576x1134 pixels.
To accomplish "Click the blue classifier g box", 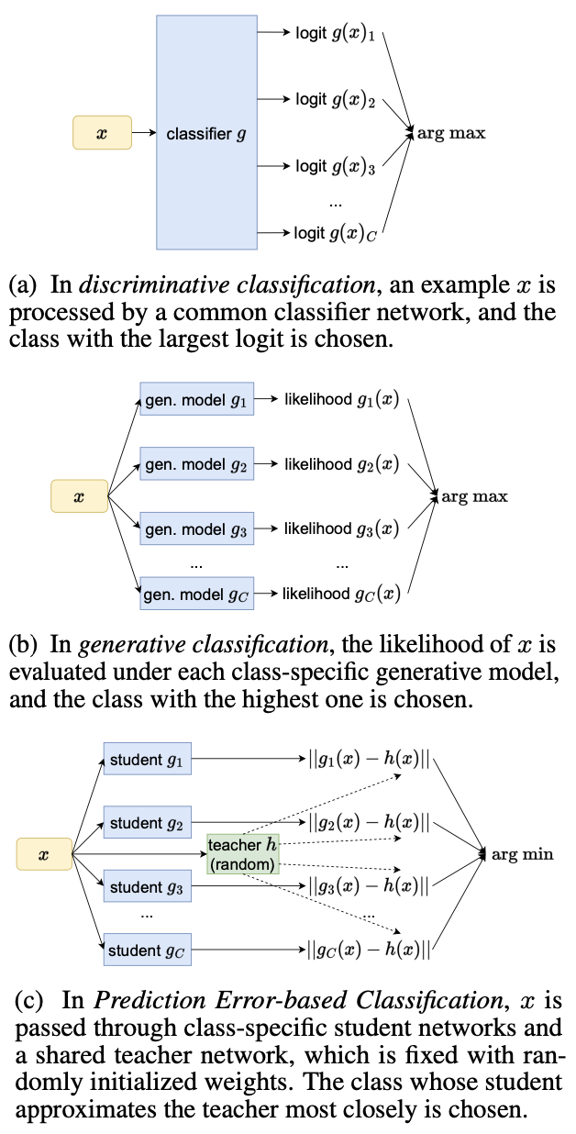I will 205,134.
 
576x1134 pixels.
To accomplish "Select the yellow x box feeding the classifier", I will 101,134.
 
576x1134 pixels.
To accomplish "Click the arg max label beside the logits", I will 451,134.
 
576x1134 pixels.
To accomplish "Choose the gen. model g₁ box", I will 196,401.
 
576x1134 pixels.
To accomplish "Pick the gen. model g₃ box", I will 196,529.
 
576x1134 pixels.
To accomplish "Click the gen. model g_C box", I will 196,594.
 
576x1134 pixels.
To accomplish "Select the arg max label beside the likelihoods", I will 474,497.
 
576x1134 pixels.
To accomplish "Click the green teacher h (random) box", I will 242,854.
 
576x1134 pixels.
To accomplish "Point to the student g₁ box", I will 147,760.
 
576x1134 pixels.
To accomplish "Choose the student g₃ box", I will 147,887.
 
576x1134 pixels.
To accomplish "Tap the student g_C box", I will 147,951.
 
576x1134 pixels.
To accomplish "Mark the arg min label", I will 524,855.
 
